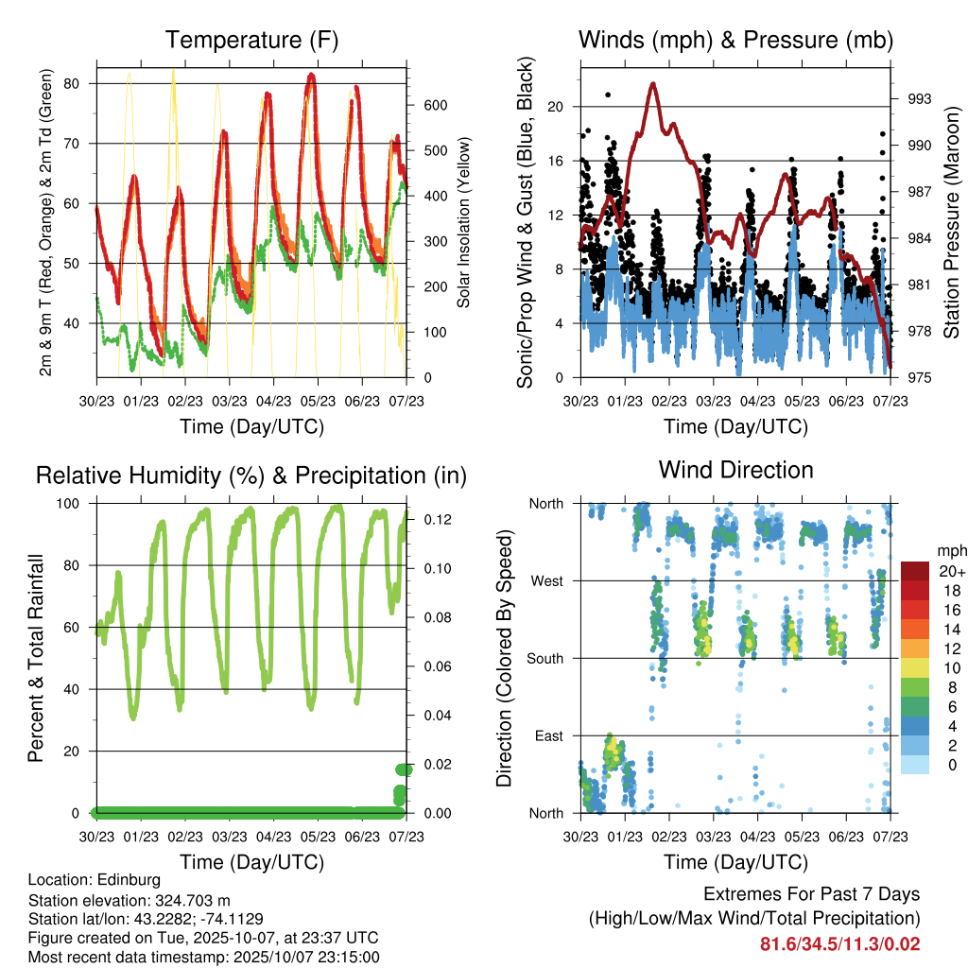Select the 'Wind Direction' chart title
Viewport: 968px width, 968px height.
[x=735, y=469]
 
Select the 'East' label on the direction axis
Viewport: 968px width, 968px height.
[x=546, y=735]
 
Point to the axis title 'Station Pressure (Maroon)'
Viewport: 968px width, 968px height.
[x=951, y=222]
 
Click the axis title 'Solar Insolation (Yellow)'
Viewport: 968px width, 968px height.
[x=463, y=223]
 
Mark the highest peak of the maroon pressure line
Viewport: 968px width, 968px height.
[x=652, y=84]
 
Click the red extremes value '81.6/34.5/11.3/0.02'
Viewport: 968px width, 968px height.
[x=839, y=943]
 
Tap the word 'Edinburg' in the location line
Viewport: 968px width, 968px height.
[x=123, y=880]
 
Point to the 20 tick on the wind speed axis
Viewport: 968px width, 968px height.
[x=556, y=106]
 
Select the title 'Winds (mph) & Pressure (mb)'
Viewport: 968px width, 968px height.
[x=735, y=40]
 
